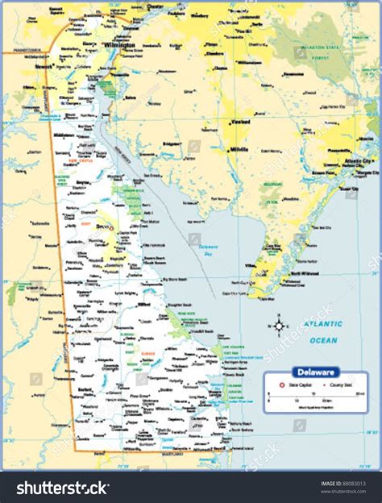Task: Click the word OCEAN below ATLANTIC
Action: tap(323, 340)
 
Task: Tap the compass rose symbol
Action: tap(280, 326)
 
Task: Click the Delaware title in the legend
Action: tap(317, 372)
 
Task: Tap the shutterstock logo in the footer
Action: tap(64, 488)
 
